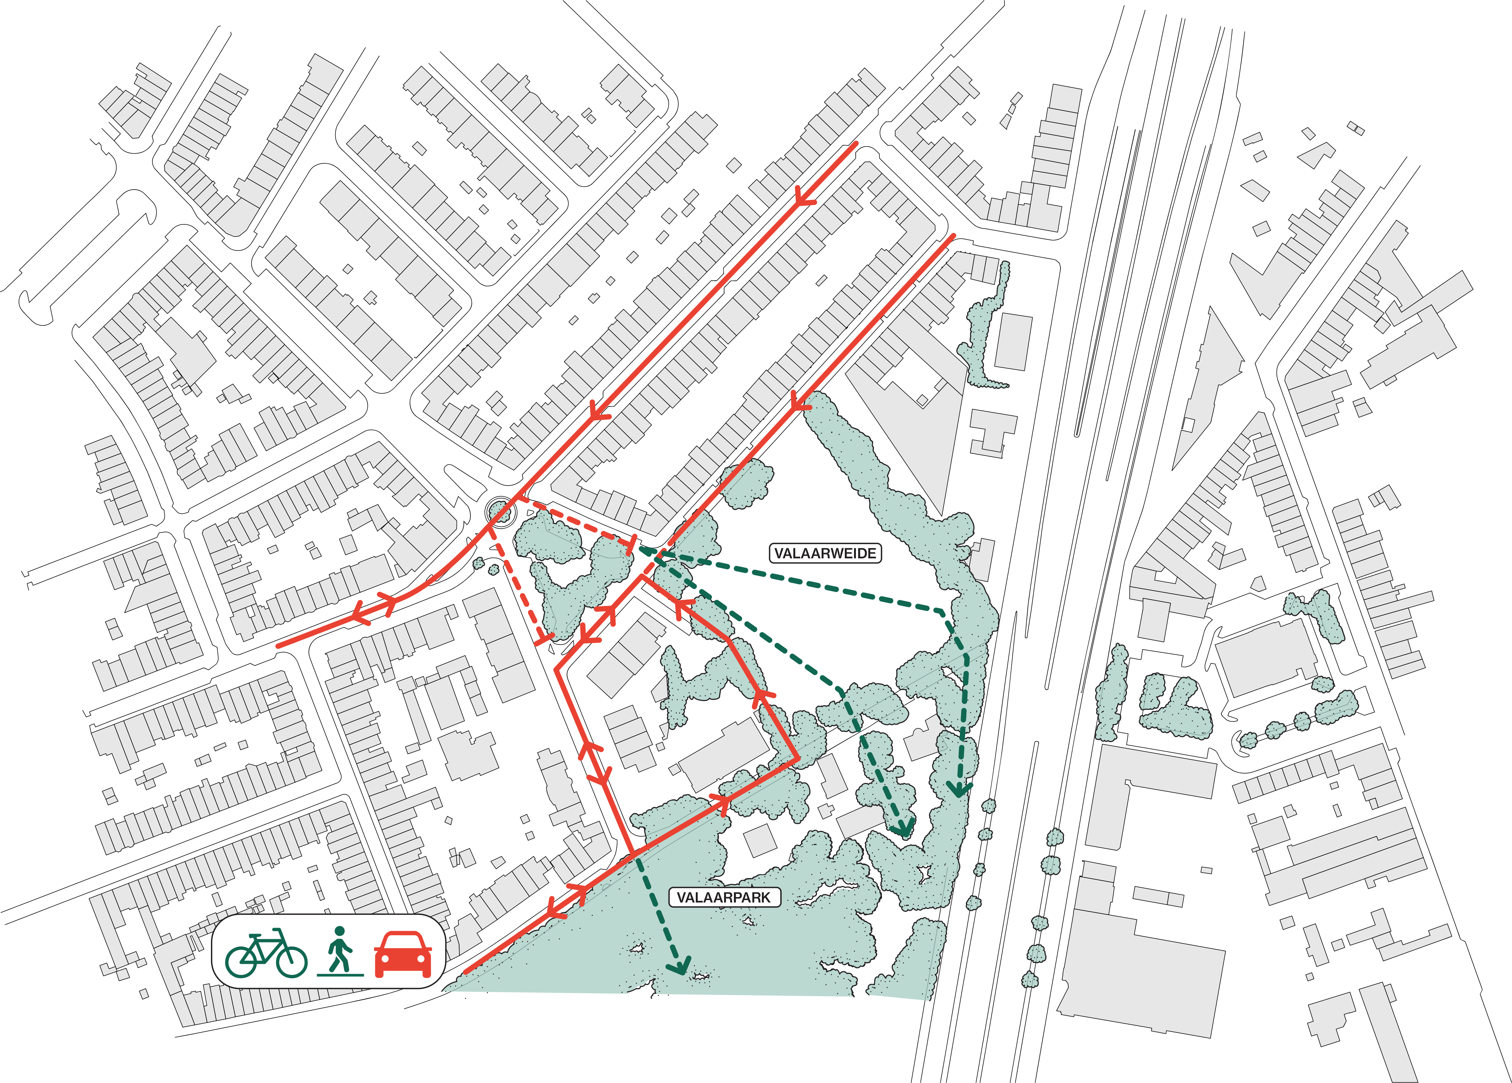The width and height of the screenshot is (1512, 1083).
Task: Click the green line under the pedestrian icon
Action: pyautogui.click(x=340, y=974)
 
